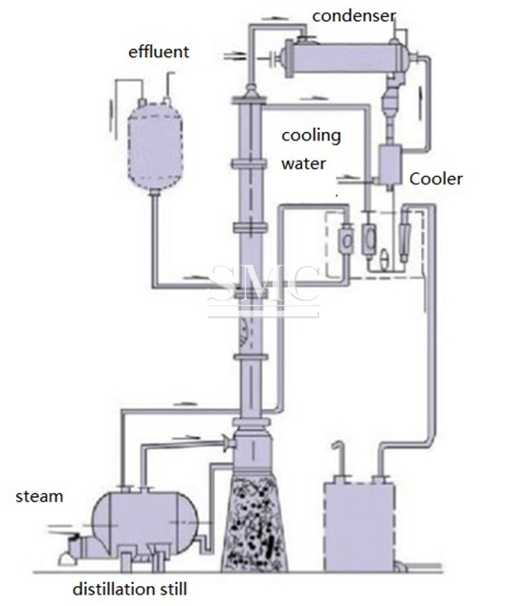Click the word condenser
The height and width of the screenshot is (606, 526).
point(354,16)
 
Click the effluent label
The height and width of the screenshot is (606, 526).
point(159,52)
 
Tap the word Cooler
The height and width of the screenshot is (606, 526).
point(436,179)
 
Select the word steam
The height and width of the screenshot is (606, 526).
point(39,497)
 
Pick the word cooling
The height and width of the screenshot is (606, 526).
point(312,137)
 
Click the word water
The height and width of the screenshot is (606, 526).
point(303,163)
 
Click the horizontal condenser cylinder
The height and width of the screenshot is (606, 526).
point(345,58)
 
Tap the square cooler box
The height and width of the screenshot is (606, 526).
point(389,165)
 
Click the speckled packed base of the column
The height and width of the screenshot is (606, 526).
point(254,524)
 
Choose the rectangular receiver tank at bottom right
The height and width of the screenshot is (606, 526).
point(360,527)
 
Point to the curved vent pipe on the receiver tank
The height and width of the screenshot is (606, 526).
point(339,459)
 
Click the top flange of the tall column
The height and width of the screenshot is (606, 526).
point(249,101)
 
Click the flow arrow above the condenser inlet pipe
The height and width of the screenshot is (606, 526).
point(272,18)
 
